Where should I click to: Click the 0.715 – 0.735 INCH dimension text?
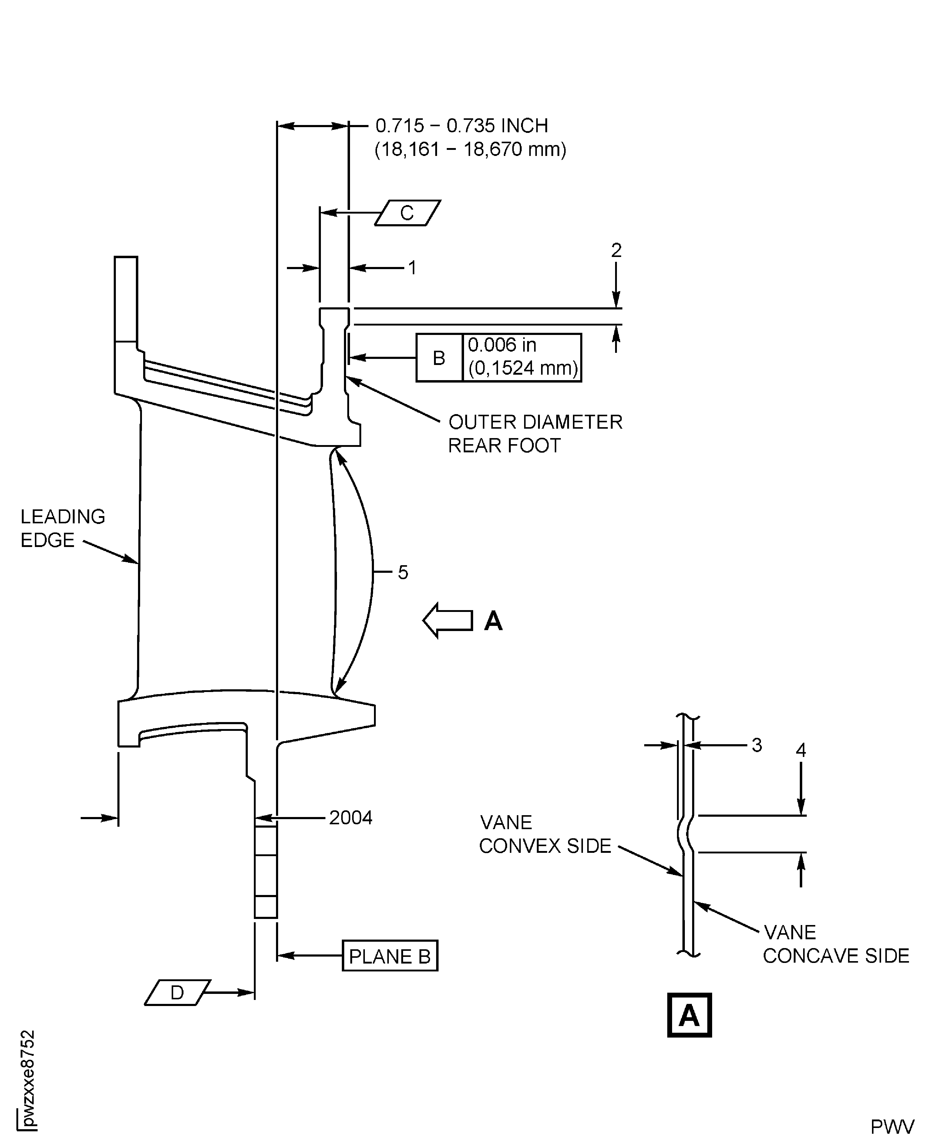coord(461,126)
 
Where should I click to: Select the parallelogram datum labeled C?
coord(407,213)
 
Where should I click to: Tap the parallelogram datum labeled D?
coord(177,993)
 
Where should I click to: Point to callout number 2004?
coord(351,818)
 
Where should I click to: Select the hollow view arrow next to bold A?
coord(447,620)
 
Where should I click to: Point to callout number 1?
coord(412,268)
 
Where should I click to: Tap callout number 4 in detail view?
coord(801,750)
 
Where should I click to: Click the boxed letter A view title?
coord(689,1015)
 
